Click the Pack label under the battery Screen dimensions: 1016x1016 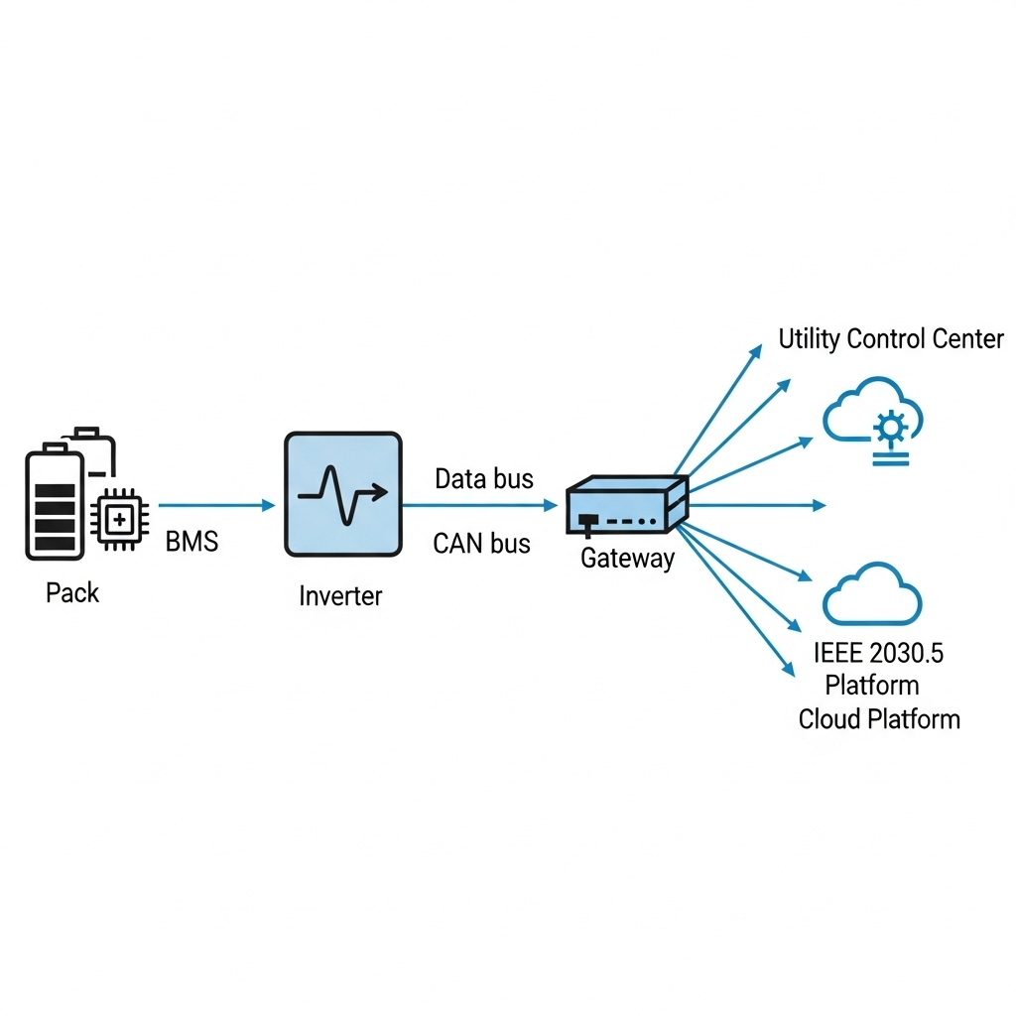pos(72,593)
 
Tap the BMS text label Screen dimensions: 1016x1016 pos(190,542)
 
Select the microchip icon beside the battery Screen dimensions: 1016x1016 pos(118,519)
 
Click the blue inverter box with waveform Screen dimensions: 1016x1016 pos(342,493)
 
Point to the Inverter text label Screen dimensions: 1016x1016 pos(340,596)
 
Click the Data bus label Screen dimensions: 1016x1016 pos(484,479)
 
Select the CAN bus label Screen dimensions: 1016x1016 pos(482,543)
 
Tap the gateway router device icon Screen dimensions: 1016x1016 pos(626,505)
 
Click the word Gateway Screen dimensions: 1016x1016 pos(627,559)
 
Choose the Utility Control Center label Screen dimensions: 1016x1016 pos(890,339)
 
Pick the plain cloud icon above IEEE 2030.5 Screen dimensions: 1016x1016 pos(872,595)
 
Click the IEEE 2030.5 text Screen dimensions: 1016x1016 pos(878,654)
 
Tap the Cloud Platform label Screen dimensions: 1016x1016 pos(879,718)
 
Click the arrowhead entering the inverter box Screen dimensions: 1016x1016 pos(268,505)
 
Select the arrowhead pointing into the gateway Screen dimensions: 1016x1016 pos(551,505)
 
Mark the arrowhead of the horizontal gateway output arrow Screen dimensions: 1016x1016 pos(820,505)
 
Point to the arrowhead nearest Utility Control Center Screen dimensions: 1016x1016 pos(756,349)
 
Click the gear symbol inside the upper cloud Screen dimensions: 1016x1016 pos(889,428)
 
